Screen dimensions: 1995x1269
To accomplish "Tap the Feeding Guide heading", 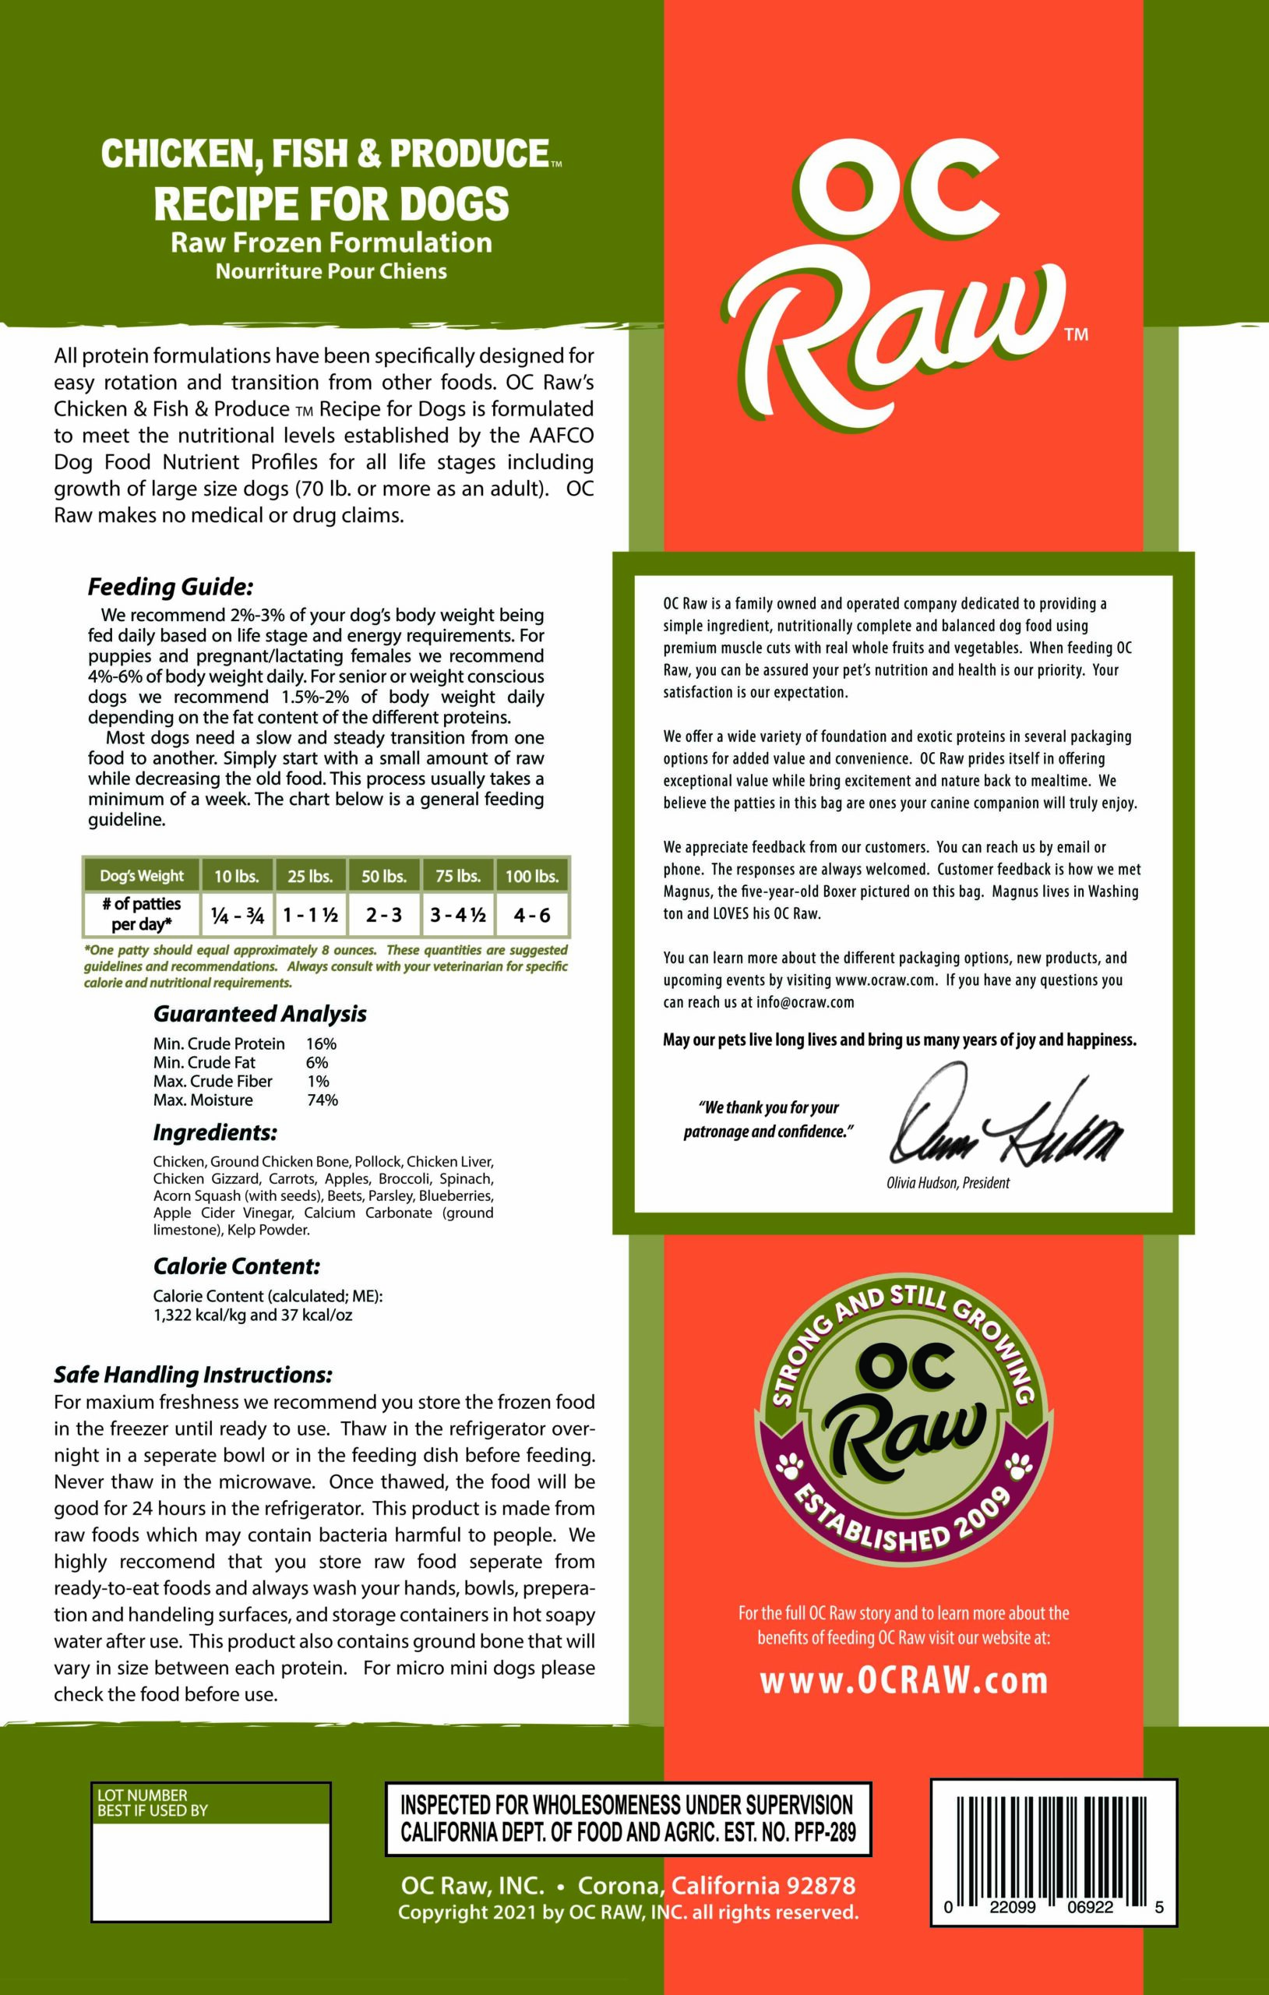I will click(x=170, y=588).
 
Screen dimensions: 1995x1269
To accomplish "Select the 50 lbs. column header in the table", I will click(x=383, y=876).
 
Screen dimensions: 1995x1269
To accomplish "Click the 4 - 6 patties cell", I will click(x=531, y=915).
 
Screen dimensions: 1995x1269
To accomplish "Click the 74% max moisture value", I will click(x=323, y=1100).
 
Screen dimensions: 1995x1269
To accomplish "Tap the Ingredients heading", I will click(x=214, y=1132).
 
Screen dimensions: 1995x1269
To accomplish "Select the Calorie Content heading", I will click(x=236, y=1266).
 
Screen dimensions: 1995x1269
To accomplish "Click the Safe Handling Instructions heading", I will click(x=192, y=1375).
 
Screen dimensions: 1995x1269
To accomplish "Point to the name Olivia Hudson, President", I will click(x=947, y=1182).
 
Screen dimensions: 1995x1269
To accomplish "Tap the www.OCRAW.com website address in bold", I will click(x=903, y=1680).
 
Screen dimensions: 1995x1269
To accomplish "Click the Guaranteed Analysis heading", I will click(x=259, y=1013).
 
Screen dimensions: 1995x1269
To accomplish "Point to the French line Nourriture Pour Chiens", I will click(x=330, y=271).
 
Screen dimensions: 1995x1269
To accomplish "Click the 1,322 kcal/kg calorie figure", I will click(x=199, y=1315).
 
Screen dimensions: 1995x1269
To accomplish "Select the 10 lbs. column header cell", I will click(x=237, y=876).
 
